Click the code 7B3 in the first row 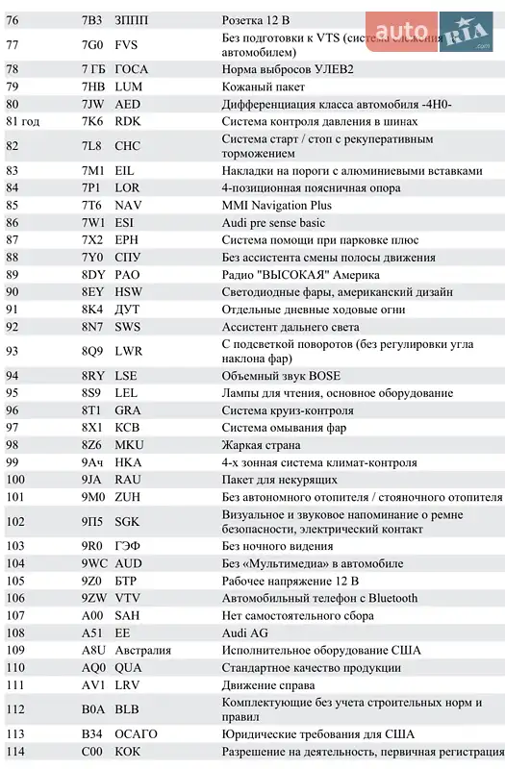92,19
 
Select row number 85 13,205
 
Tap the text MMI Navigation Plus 276,205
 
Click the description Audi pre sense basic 273,223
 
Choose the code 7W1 92,223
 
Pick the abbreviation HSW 128,291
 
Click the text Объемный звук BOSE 281,376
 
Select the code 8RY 92,376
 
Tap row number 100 15,479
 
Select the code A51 91,633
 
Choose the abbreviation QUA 128,667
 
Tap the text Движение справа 268,685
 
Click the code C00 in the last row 91,752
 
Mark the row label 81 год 22,120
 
